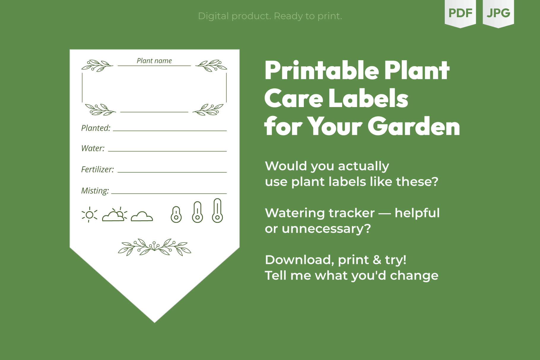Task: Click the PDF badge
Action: click(460, 13)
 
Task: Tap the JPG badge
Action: click(498, 13)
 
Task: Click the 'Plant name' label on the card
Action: click(154, 61)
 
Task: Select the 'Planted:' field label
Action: click(96, 128)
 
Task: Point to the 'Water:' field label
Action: click(93, 148)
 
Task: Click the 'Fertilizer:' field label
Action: click(98, 169)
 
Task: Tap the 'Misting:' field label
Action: click(95, 191)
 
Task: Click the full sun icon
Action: click(89, 214)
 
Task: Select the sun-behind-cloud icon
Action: click(115, 214)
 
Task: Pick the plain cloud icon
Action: click(142, 216)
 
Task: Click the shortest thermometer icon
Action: click(176, 214)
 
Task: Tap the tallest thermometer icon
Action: click(217, 211)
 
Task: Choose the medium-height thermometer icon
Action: click(198, 212)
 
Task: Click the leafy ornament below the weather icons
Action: click(155, 247)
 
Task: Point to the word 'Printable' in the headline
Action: click(322, 70)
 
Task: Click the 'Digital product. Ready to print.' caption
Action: click(270, 16)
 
